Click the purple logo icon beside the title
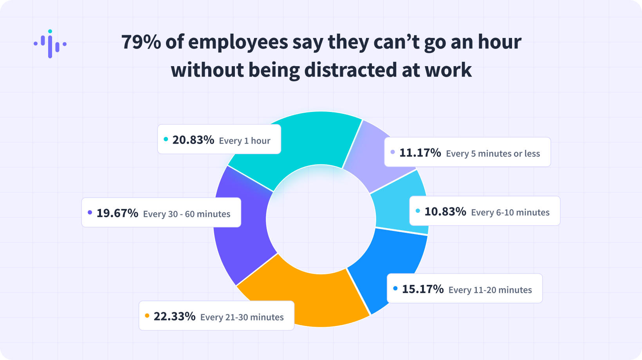50,44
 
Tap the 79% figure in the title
141,42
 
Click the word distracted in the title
350,70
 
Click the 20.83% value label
193,140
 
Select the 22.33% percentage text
174,316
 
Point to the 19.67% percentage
117,213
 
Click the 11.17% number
420,153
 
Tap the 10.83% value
445,212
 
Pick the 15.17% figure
423,289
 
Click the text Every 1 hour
245,141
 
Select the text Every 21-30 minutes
242,317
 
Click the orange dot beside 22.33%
147,315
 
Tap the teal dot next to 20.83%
166,139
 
